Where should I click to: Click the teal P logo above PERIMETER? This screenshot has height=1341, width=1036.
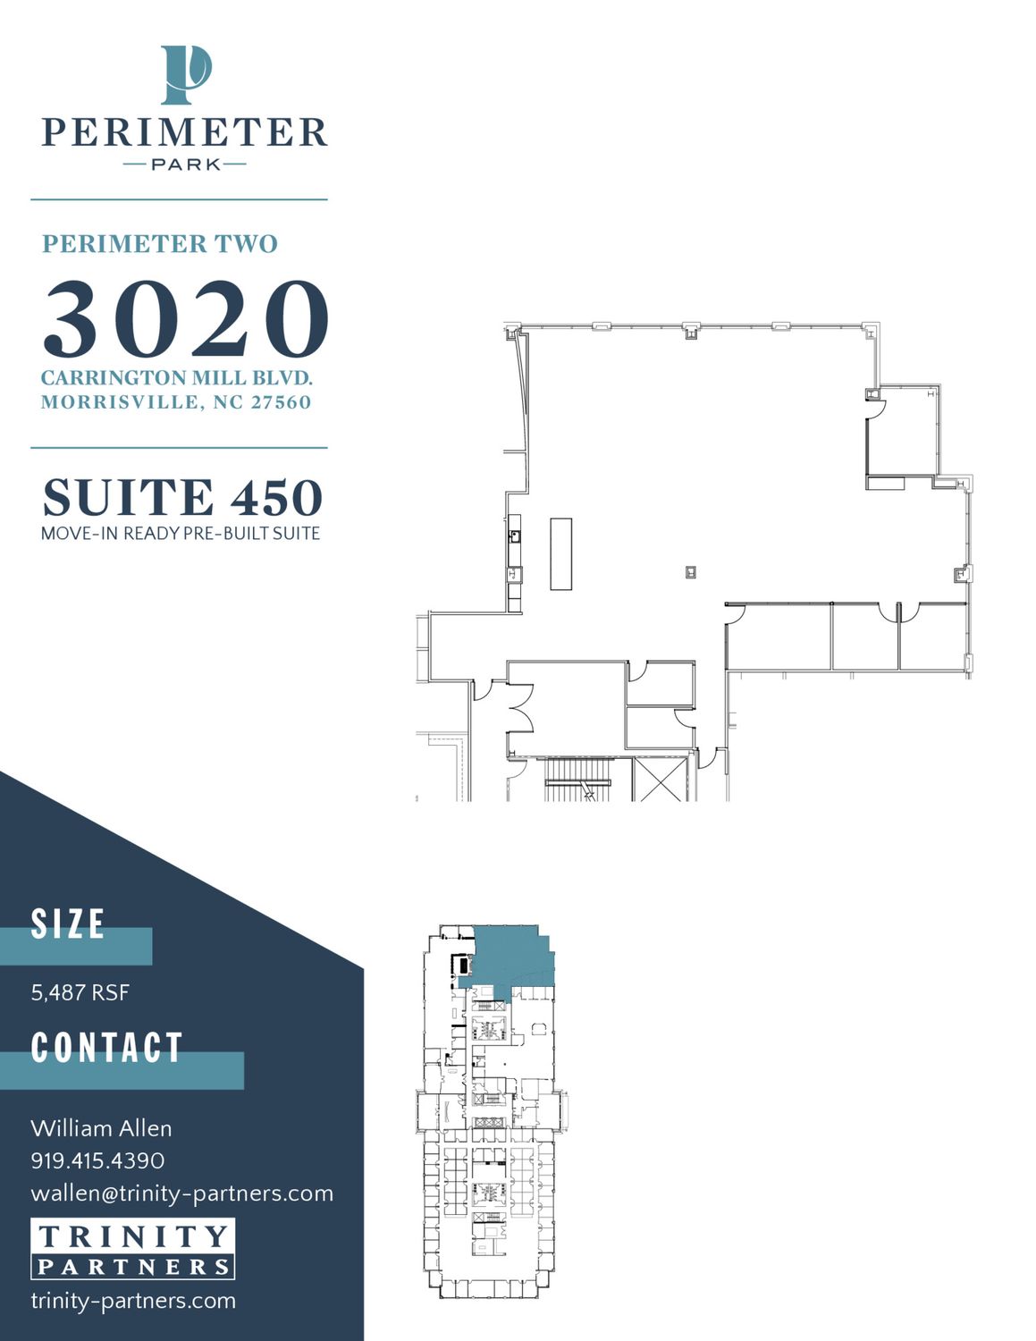click(185, 75)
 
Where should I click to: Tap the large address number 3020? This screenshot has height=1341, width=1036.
click(185, 318)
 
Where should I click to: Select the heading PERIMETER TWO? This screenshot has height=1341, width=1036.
click(160, 244)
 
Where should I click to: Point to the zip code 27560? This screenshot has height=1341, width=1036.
click(281, 402)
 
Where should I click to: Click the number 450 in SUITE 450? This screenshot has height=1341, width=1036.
click(276, 497)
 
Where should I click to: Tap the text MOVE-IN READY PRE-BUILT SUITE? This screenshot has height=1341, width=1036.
click(181, 533)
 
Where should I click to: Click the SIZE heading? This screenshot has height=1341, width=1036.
click(68, 924)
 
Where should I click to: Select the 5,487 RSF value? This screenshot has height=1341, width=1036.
click(80, 992)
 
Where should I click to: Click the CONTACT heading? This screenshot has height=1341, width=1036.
click(106, 1047)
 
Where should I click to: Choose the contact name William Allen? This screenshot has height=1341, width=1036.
click(101, 1129)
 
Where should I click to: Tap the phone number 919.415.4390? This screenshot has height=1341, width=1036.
click(97, 1160)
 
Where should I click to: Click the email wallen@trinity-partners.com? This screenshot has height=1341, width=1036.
click(182, 1193)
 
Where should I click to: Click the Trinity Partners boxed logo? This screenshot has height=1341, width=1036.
click(132, 1249)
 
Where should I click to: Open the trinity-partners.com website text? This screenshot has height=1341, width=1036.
click(133, 1301)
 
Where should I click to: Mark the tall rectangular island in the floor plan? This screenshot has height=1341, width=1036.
click(560, 554)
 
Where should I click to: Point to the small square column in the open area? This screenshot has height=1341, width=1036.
click(691, 572)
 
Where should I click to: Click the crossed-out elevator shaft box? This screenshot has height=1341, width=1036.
click(661, 780)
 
